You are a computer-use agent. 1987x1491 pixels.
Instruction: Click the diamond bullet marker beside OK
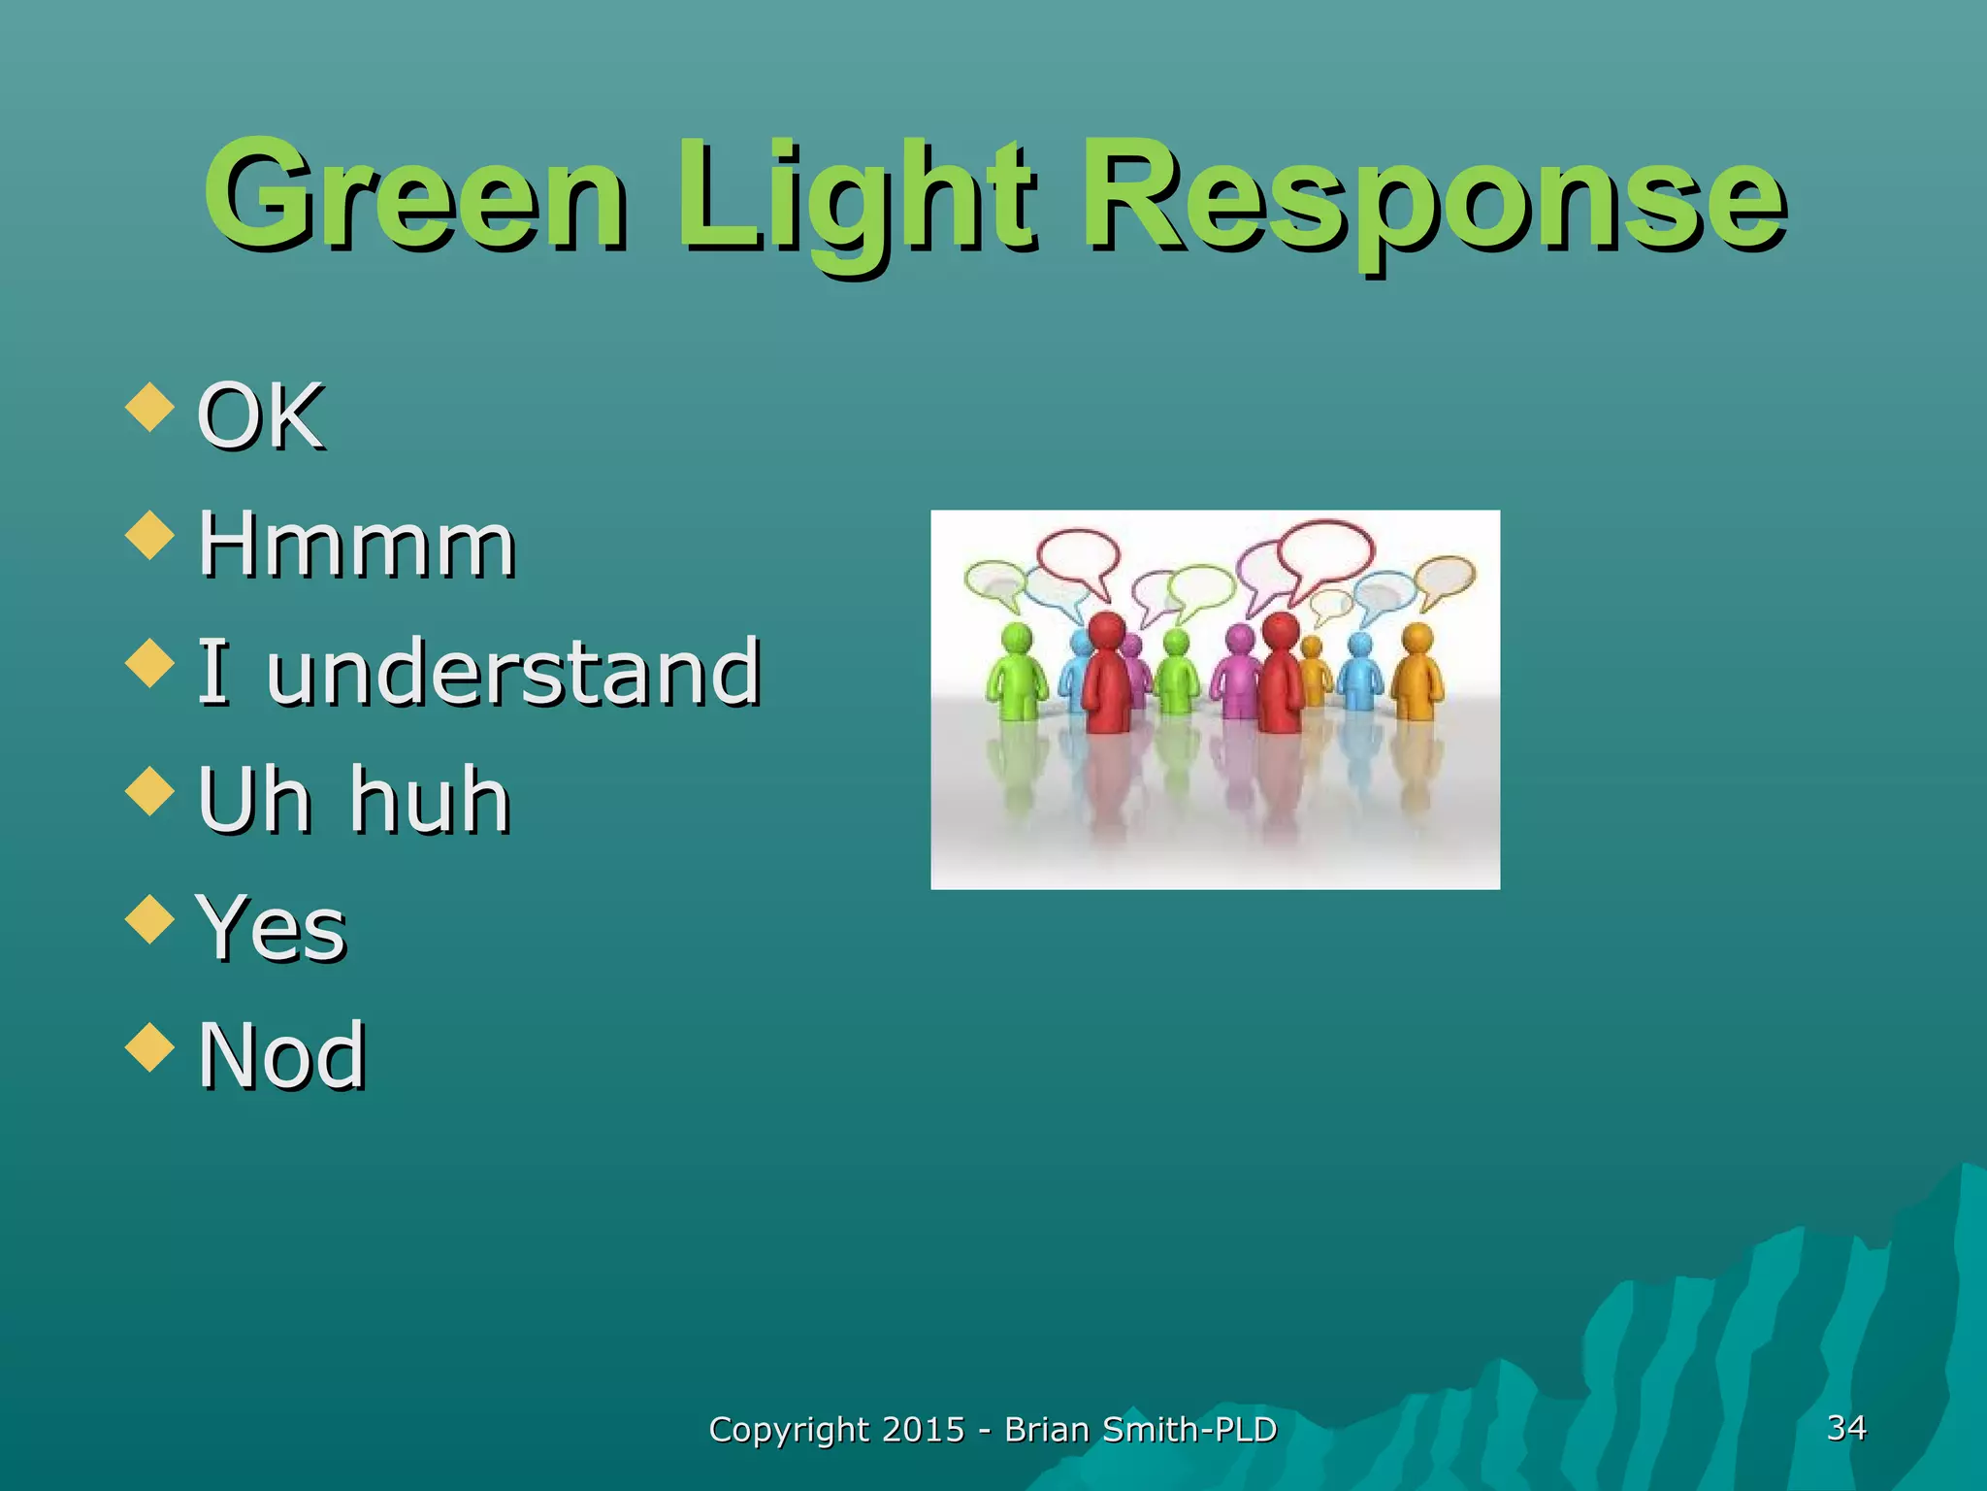150,407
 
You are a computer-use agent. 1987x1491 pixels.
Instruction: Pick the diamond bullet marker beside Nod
150,1047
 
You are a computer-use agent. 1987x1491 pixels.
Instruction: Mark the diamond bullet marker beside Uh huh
150,791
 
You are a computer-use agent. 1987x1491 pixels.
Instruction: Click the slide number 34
1845,1427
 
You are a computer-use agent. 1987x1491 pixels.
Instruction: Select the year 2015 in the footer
924,1430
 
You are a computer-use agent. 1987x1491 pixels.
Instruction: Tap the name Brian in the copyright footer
1047,1430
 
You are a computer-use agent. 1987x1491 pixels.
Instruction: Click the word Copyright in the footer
788,1430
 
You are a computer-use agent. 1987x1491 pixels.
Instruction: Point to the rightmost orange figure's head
1417,638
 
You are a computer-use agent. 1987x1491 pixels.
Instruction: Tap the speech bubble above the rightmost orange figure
1446,577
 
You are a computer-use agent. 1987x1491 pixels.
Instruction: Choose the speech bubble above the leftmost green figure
993,580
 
